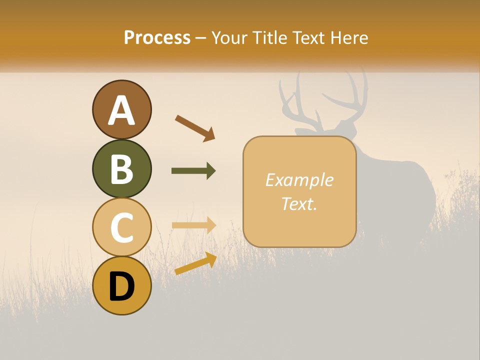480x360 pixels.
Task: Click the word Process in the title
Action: pyautogui.click(x=157, y=37)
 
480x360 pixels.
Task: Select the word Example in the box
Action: pyautogui.click(x=299, y=180)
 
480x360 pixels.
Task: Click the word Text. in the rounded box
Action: pyautogui.click(x=299, y=203)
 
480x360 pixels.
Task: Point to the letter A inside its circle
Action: pyautogui.click(x=122, y=111)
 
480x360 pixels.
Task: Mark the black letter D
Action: pyautogui.click(x=122, y=286)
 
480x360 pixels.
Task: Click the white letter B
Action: pyautogui.click(x=122, y=169)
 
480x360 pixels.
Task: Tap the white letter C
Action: pyautogui.click(x=122, y=228)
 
